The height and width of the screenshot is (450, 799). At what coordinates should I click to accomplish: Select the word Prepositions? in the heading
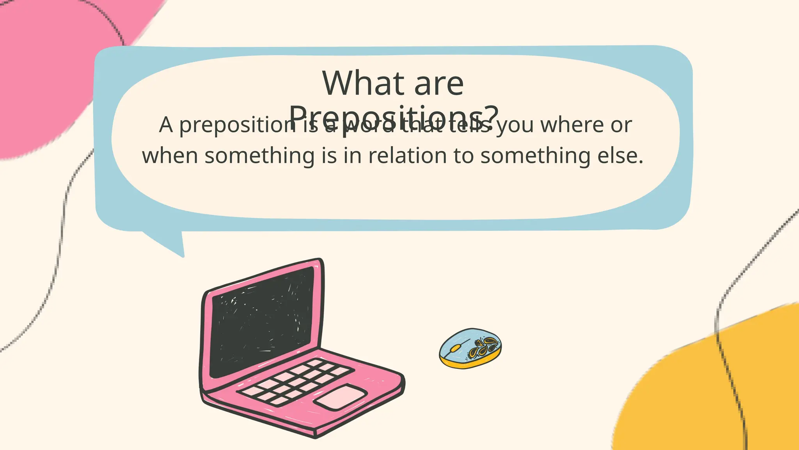[394, 116]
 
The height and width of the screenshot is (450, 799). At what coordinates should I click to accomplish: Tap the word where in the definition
[568, 125]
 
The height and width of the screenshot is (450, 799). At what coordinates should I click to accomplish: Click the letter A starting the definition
[166, 125]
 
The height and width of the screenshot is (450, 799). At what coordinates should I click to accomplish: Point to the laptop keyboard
[297, 381]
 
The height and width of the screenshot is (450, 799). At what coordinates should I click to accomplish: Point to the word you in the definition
[515, 125]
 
